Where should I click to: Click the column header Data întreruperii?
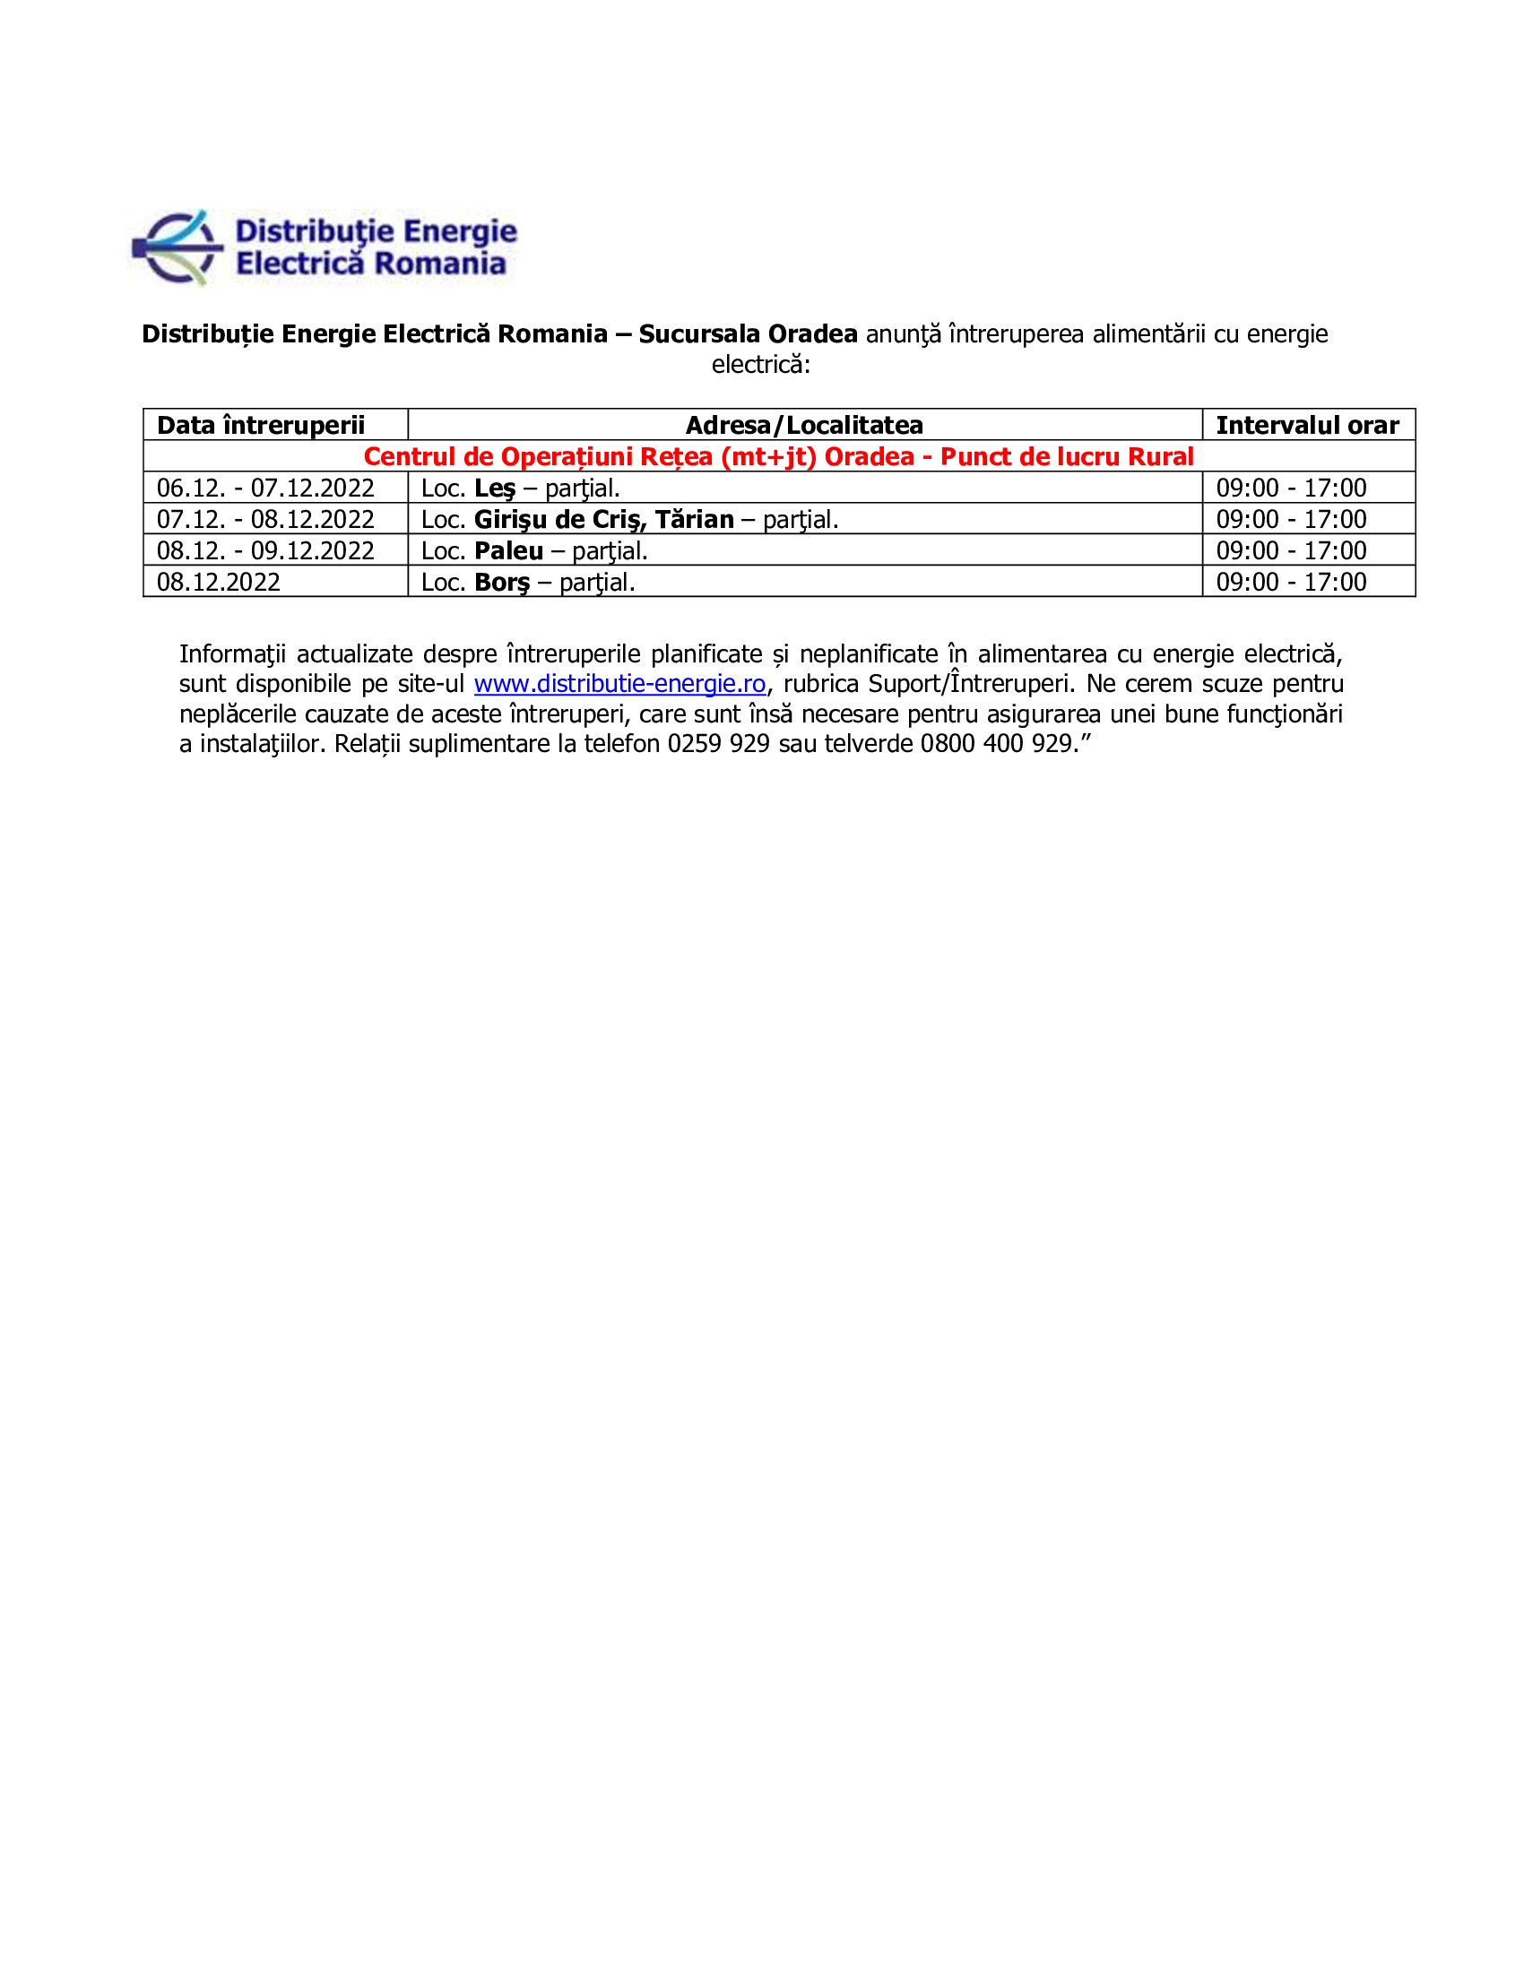pos(260,424)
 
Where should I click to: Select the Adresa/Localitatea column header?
pos(803,424)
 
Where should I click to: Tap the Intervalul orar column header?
pos(1306,424)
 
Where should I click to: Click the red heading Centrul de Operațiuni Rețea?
pos(778,456)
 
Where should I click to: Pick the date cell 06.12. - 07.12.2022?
pos(265,488)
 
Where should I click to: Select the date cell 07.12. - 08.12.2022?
pos(265,519)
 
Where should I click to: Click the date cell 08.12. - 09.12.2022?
pos(265,549)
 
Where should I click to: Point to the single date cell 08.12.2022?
pos(219,582)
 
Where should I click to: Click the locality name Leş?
pos(495,489)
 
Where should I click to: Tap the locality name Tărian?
pos(694,519)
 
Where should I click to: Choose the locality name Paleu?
pos(508,550)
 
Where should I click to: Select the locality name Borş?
pos(502,583)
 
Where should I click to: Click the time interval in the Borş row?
pos(1290,582)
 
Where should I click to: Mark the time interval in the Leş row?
pos(1290,488)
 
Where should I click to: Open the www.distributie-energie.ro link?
pos(619,684)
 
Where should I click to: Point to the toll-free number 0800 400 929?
pos(995,743)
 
